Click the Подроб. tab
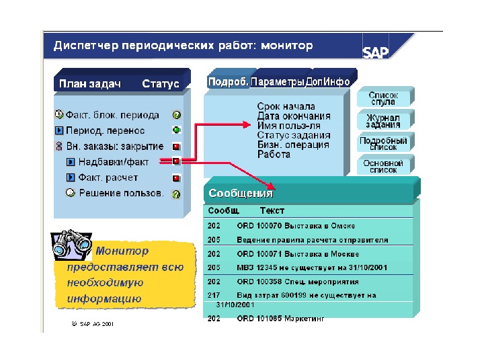(229, 81)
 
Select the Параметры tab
(277, 81)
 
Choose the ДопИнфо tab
(327, 81)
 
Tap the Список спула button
(383, 98)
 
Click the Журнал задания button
(383, 121)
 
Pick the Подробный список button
(383, 144)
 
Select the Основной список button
(383, 166)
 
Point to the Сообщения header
(241, 194)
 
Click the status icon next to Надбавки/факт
(176, 161)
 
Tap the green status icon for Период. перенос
(176, 130)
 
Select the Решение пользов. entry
(121, 193)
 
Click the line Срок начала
(286, 106)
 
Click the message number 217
(214, 295)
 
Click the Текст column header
(272, 210)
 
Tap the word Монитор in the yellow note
(122, 251)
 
